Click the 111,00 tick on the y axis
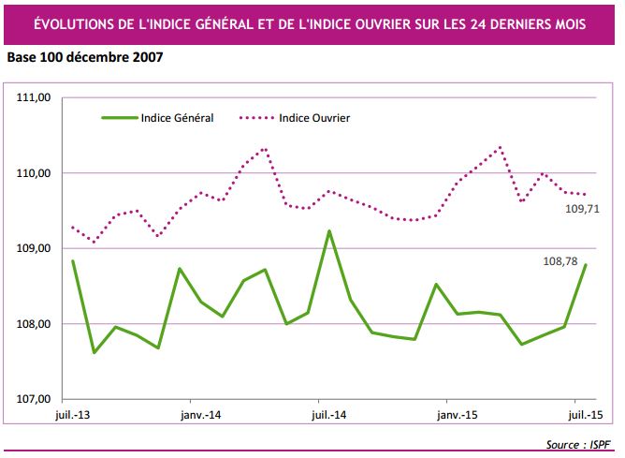click(36, 97)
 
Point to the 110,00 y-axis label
click(36, 173)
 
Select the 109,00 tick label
click(36, 248)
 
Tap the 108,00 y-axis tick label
click(36, 324)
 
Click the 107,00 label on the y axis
click(36, 399)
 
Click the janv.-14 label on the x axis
click(200, 414)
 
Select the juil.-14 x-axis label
click(328, 414)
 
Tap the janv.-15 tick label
click(458, 414)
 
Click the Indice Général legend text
click(177, 118)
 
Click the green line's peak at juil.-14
click(329, 230)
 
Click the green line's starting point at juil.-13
click(72, 261)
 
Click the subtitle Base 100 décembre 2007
click(84, 58)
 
